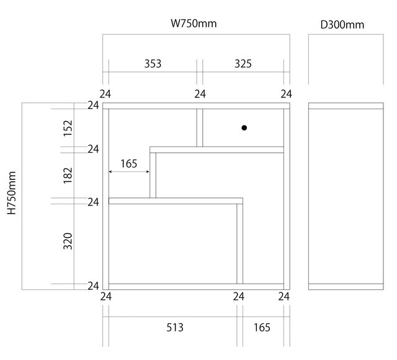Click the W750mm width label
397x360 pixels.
[194, 24]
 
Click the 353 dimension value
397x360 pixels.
[153, 63]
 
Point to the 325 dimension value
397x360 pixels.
[243, 63]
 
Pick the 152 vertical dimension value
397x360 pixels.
[68, 128]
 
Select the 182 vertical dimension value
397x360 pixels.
[68, 174]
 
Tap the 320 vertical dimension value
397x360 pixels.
[68, 241]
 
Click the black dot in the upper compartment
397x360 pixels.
[244, 128]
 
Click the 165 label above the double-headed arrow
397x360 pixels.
[128, 164]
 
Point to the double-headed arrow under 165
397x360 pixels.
[128, 172]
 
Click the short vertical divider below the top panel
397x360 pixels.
[200, 128]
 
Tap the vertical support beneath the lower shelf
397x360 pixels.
[239, 243]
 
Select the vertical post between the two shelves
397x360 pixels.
[153, 175]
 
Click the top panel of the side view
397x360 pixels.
[346, 106]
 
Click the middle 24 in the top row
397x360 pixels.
[200, 94]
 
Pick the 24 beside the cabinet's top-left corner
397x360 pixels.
[93, 106]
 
